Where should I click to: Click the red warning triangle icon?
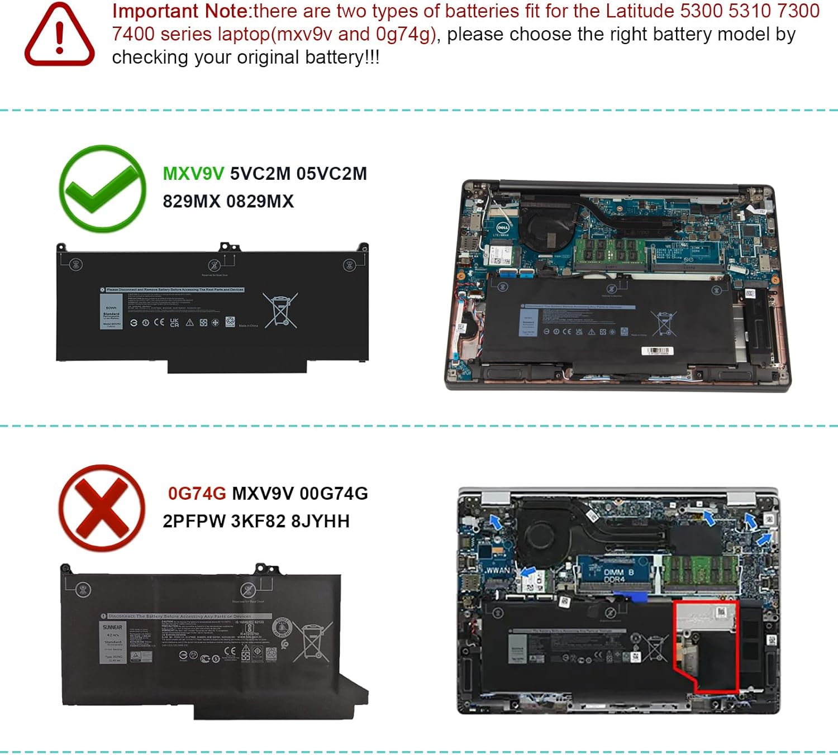59,35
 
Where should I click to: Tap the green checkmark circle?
102,189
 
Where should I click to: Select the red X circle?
102,508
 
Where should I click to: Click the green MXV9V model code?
193,174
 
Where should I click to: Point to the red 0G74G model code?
197,494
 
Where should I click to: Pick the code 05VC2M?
331,174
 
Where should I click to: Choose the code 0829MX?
260,201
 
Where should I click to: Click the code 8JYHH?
320,521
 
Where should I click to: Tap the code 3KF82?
258,521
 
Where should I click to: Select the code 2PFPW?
194,521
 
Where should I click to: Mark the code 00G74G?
334,494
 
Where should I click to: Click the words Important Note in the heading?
180,11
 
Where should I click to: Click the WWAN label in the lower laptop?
497,570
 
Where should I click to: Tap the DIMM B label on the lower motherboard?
618,573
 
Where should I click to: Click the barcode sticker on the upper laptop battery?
658,351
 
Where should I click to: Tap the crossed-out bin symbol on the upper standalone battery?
280,310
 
